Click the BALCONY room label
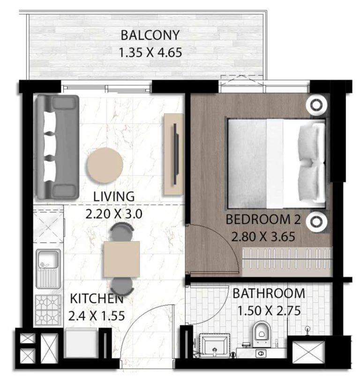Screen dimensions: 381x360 (x=150, y=35)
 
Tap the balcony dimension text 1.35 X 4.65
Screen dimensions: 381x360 (x=150, y=52)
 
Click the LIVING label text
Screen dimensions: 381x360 (x=113, y=196)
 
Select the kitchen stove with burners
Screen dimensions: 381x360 (x=49, y=310)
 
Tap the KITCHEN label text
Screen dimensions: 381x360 (x=97, y=298)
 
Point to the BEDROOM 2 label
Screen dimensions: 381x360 (x=263, y=220)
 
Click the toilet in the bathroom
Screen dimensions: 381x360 (x=261, y=331)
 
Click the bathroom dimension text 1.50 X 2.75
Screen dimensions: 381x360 (x=269, y=311)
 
